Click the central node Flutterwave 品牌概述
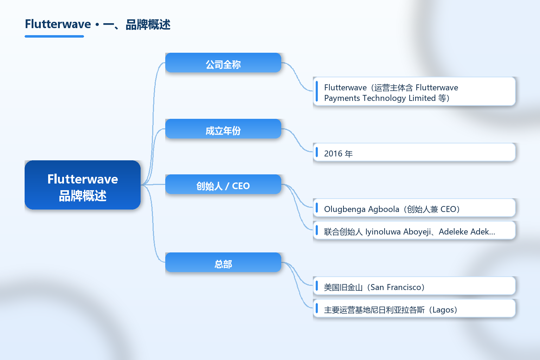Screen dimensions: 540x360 click(x=83, y=185)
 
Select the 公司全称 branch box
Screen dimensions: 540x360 click(x=223, y=63)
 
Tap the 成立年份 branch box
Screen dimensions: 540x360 click(x=223, y=129)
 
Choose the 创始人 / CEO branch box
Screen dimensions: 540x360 click(x=223, y=184)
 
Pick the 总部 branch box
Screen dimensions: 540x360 click(x=223, y=262)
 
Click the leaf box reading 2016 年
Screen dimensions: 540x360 click(x=414, y=152)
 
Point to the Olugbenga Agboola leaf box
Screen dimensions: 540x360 click(x=414, y=208)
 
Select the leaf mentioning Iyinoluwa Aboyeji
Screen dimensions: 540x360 click(x=414, y=230)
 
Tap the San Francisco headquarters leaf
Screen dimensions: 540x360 click(x=414, y=286)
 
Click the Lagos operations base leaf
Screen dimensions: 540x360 click(x=414, y=308)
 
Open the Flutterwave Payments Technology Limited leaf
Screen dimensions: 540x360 click(x=414, y=91)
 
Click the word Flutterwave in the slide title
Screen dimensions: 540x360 click(x=58, y=24)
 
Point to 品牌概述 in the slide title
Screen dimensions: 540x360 click(x=148, y=25)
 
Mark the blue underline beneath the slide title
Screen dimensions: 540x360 click(x=54, y=37)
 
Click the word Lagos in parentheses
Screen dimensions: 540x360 click(x=443, y=310)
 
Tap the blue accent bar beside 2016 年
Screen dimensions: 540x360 click(x=317, y=152)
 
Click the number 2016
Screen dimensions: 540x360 click(x=333, y=154)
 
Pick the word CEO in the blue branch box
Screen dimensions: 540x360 click(x=241, y=186)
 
